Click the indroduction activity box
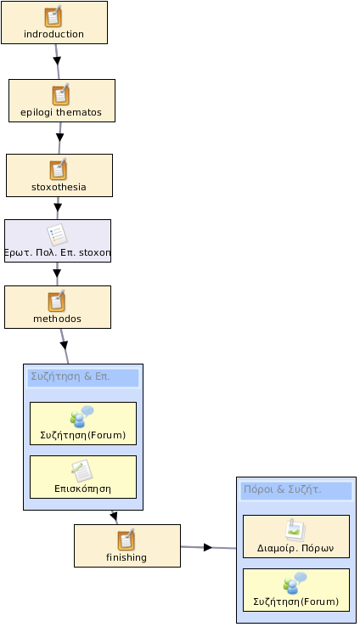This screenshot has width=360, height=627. (54, 22)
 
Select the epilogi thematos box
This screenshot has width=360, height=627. (62, 100)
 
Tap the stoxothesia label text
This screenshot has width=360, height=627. (59, 187)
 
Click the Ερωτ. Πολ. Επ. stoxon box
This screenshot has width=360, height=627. (58, 240)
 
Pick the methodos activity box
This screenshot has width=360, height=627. (58, 307)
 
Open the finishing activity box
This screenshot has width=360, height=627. (127, 545)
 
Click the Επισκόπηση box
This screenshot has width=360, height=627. (83, 477)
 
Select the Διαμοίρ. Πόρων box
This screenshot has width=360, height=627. (296, 537)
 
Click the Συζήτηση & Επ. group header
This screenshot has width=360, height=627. (83, 378)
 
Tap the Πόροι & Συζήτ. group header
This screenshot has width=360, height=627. (296, 491)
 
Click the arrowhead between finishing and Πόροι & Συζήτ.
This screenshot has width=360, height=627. (208, 547)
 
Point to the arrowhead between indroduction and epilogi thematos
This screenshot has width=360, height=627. (57, 61)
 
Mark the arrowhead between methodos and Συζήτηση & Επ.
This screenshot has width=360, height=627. (64, 345)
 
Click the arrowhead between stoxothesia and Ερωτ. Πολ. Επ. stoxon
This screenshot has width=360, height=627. (58, 207)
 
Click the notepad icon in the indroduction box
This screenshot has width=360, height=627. (53, 16)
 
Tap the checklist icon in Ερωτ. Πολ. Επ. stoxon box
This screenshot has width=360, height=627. (57, 234)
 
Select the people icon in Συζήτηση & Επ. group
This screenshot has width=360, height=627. (82, 416)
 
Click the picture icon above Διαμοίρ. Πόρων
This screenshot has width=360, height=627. (295, 530)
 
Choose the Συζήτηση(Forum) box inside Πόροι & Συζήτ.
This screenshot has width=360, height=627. (296, 590)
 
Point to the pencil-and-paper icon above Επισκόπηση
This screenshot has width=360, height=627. (82, 471)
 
